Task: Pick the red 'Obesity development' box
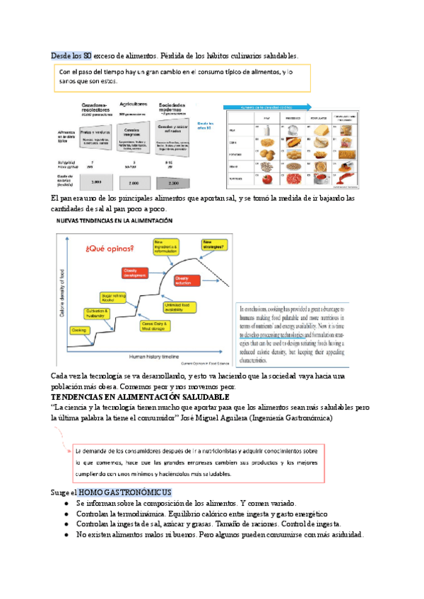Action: [139, 274]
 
